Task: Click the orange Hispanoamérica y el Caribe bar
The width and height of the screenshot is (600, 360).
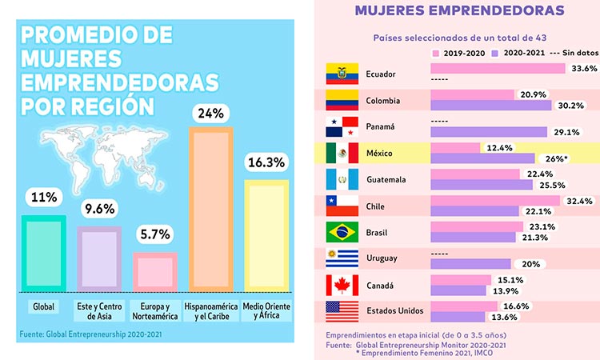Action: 211,210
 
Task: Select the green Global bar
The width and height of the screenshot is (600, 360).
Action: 44,254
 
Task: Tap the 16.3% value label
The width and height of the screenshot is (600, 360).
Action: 266,162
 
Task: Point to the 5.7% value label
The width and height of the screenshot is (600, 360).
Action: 155,234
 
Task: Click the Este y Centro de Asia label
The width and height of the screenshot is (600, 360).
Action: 99,311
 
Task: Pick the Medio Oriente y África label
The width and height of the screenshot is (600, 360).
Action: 266,311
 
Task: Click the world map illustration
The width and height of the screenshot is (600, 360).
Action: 104,158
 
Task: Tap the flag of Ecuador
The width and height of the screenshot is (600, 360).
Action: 342,74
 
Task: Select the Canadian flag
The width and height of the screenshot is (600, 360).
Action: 342,285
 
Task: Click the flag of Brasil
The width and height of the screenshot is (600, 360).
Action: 342,232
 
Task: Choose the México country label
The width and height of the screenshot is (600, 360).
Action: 379,154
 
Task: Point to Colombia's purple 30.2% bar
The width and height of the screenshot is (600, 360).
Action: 491,106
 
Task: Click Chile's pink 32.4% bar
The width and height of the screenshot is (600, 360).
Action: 495,201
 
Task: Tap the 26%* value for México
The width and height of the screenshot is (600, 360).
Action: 554,158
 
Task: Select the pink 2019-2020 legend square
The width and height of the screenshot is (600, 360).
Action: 435,53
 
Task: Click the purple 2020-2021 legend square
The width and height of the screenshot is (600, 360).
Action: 494,53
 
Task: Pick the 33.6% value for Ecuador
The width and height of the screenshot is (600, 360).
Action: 584,69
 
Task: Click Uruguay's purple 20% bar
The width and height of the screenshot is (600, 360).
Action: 470,264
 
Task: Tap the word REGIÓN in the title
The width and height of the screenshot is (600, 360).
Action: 114,106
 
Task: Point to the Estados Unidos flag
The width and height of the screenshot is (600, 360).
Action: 342,311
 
